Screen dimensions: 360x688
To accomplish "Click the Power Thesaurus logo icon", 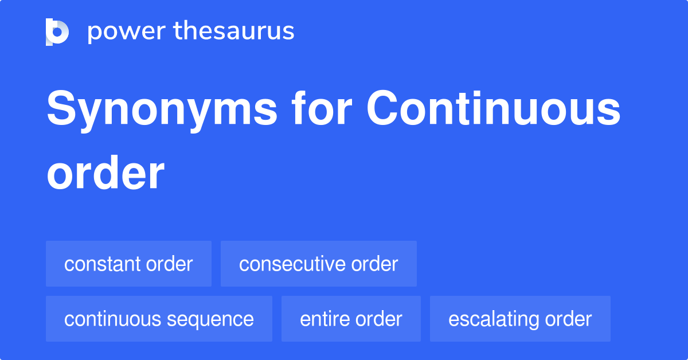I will tap(57, 32).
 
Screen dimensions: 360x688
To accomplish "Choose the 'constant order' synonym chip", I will tap(128, 264).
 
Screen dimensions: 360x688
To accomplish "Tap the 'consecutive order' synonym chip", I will tap(318, 264).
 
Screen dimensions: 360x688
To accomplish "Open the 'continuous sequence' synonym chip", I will tap(159, 319).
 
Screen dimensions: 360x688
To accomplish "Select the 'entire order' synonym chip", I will tap(351, 319).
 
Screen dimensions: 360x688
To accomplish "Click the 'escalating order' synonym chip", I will tap(520, 319).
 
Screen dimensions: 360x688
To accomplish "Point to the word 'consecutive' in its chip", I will tap(290, 264).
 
